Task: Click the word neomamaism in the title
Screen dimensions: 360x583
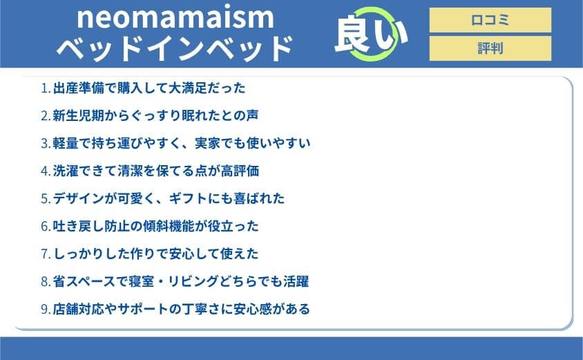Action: click(x=175, y=17)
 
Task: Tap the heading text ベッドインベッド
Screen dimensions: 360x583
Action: click(x=175, y=48)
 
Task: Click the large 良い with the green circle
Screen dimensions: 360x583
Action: click(x=370, y=35)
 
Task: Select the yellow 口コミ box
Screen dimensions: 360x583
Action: click(x=490, y=20)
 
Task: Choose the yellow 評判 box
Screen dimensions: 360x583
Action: click(x=490, y=48)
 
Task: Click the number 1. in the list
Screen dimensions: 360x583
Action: click(x=46, y=88)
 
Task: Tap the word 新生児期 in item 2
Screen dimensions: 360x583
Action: click(x=78, y=116)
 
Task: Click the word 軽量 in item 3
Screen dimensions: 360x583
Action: click(x=66, y=144)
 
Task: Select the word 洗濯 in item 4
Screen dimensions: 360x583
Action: click(x=66, y=171)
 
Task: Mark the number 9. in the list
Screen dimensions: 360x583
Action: click(x=46, y=309)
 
